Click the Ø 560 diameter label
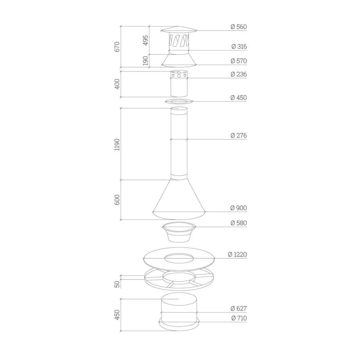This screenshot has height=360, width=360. [x=239, y=27]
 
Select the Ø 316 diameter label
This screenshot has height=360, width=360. [x=239, y=46]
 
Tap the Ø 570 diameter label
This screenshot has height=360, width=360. [x=239, y=61]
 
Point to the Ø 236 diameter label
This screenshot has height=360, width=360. [x=239, y=74]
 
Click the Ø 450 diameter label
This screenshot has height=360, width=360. [x=239, y=98]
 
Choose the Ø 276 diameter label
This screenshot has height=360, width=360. [x=239, y=135]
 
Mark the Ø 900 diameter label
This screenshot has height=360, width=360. [x=239, y=208]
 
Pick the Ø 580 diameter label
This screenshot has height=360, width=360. [x=239, y=223]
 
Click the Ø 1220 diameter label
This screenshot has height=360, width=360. [x=238, y=254]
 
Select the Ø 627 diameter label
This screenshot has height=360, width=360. [x=239, y=308]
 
